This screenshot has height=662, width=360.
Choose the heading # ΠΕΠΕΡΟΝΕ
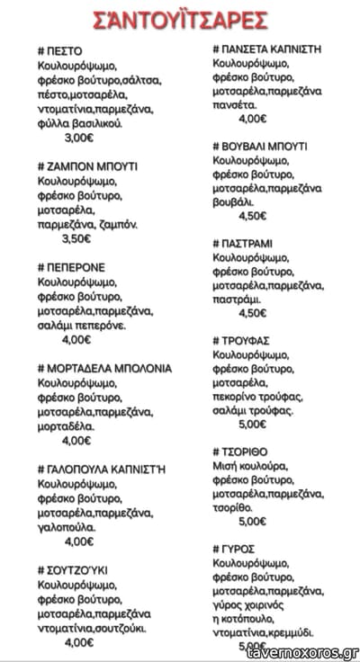point(72,267)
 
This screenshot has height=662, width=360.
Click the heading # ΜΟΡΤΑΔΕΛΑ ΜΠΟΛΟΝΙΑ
point(104,368)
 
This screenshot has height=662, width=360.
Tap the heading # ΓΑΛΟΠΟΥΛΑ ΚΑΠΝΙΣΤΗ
point(102,469)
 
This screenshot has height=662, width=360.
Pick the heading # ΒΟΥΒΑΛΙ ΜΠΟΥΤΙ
point(260,145)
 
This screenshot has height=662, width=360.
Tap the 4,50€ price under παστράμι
point(253,313)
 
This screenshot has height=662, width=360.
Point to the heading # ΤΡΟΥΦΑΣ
point(246,341)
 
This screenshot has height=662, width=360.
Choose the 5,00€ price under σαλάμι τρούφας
point(253,425)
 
